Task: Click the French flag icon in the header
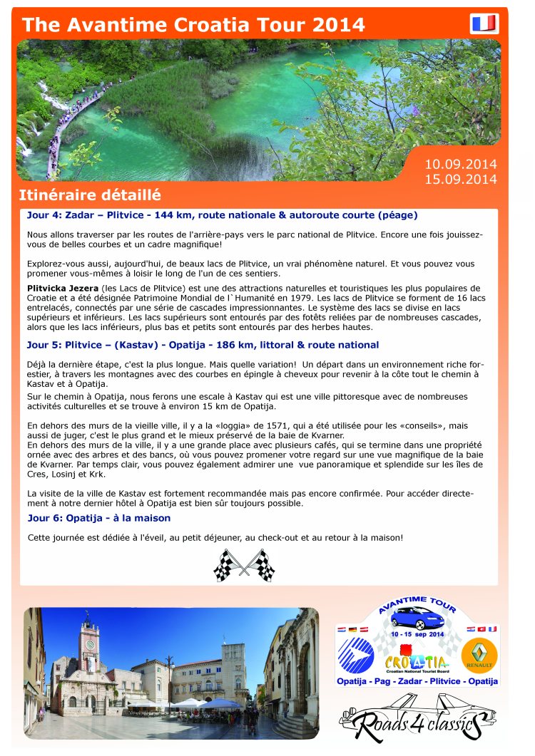pos(484,24)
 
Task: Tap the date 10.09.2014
pos(461,165)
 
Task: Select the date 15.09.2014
pos(461,179)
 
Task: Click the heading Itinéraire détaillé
pos(90,195)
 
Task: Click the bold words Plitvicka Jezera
pos(63,287)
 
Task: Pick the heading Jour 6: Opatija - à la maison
pos(98,518)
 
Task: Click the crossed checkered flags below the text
pos(245,565)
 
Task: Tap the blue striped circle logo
pos(356,655)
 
